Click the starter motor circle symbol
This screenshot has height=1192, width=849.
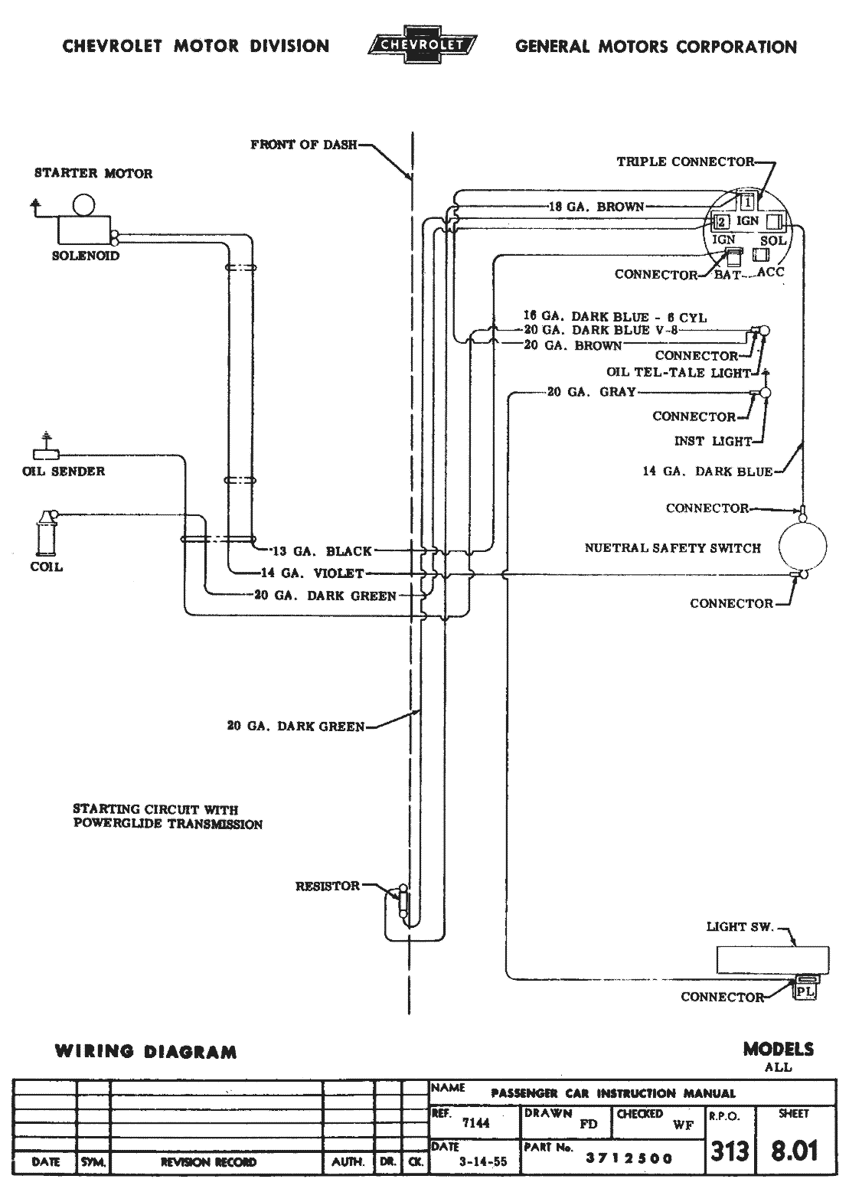83,204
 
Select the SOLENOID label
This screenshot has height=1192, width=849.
86,256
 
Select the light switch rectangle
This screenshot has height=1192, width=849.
772,959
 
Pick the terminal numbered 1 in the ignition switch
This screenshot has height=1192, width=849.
748,201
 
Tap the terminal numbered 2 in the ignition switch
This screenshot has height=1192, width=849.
720,222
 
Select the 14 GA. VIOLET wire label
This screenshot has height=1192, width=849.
312,573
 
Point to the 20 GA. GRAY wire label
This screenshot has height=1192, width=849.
591,392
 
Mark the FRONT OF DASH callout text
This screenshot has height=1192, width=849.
304,145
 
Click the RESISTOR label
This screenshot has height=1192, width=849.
328,886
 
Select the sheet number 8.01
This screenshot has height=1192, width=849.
794,1150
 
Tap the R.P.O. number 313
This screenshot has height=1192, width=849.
729,1151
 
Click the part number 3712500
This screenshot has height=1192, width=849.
629,1158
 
